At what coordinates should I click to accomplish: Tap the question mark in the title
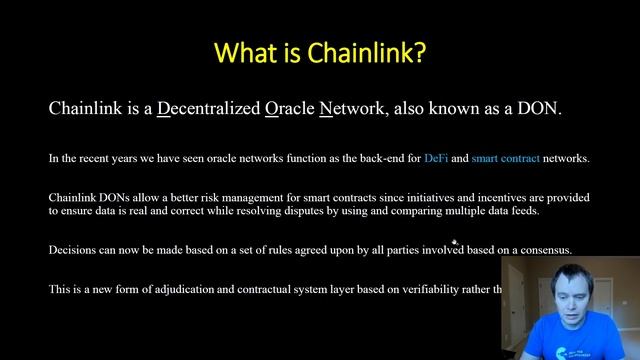point(421,52)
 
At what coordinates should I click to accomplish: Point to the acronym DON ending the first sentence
point(540,108)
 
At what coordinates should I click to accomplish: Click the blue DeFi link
point(436,158)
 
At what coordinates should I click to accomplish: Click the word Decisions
point(73,250)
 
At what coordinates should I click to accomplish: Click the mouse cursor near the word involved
point(455,242)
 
